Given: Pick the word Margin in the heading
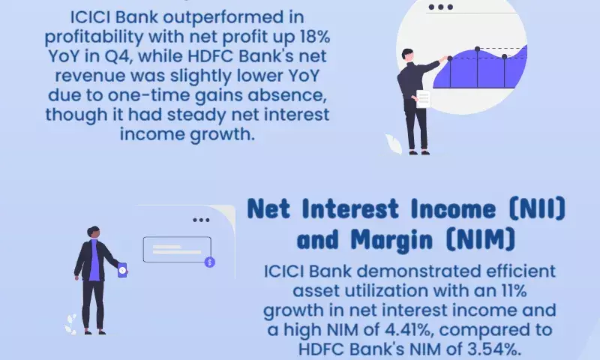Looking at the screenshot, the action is [391, 240].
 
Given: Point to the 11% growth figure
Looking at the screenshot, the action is [514, 291].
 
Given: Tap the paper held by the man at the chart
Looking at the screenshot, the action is [423, 100].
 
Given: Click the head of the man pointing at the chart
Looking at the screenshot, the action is [407, 55].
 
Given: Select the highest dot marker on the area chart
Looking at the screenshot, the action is [477, 49].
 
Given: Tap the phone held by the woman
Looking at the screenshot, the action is [122, 270].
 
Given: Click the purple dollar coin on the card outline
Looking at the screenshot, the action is [210, 262].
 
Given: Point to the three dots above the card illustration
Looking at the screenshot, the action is [201, 220].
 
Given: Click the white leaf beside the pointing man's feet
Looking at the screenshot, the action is [393, 143].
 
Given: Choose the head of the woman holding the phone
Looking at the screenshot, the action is [93, 232].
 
